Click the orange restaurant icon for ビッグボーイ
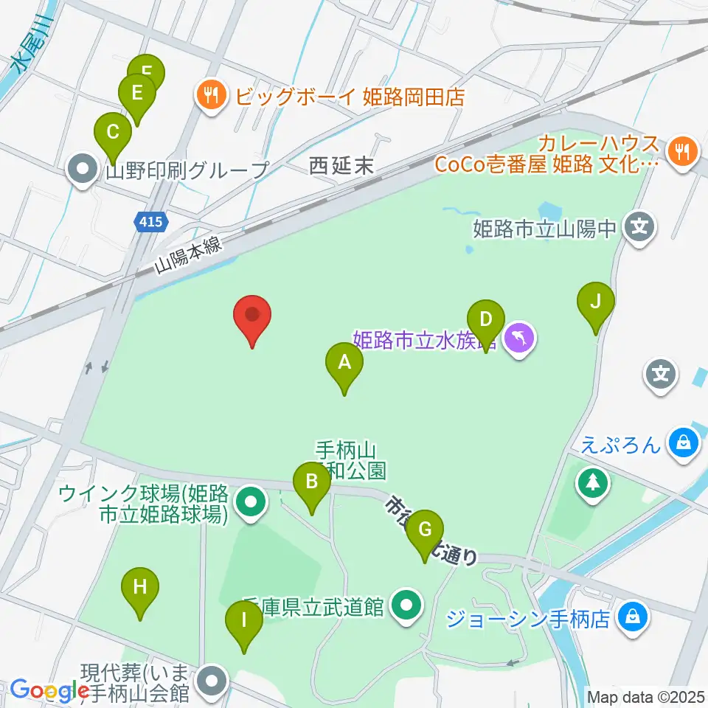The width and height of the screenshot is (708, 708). point(212,95)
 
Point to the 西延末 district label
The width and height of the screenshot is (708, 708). point(341,167)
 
